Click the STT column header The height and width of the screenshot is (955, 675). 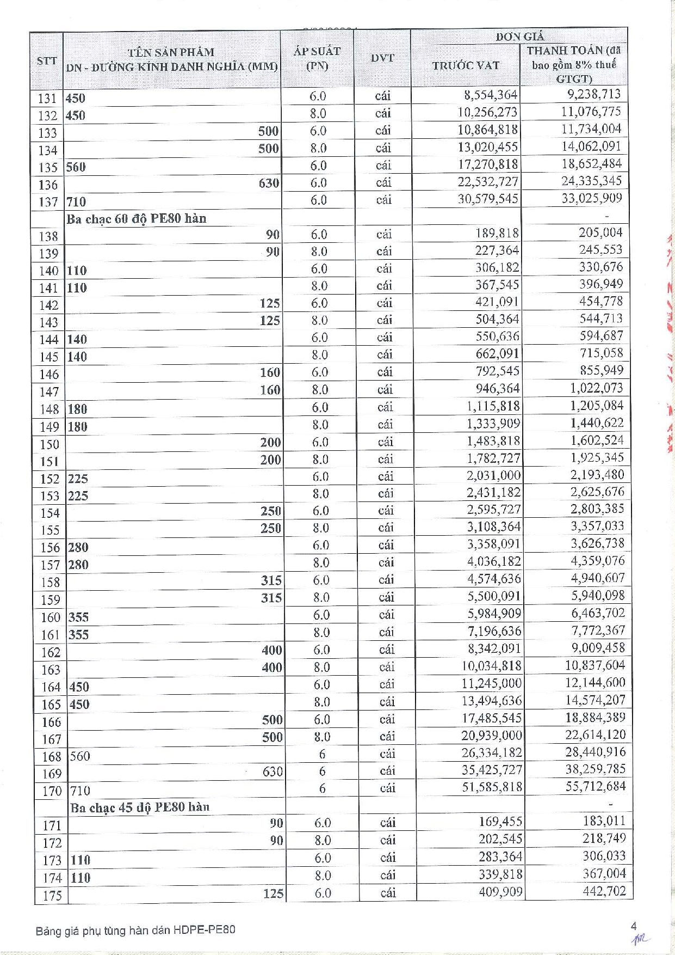tap(47, 60)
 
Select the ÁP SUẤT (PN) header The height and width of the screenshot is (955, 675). tap(317, 58)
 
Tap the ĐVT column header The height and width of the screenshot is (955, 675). tap(382, 58)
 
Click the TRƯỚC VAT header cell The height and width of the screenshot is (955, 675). tap(466, 65)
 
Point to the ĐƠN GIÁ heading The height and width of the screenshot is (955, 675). tap(519, 36)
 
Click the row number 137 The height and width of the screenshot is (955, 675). tap(48, 202)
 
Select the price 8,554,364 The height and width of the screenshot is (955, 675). tap(491, 95)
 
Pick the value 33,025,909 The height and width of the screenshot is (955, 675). tap(592, 198)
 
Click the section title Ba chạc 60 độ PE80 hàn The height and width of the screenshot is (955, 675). tap(137, 219)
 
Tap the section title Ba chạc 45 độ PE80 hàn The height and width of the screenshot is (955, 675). tap(140, 807)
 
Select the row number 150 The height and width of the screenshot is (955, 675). tap(49, 444)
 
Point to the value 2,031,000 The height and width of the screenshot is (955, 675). tap(493, 475)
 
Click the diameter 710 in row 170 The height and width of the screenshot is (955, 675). tap(80, 791)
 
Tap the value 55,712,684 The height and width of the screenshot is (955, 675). tap(596, 786)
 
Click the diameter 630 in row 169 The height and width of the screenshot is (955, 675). tap(273, 772)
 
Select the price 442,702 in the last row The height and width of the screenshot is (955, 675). tap(604, 891)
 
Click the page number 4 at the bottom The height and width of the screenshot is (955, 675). tap(634, 926)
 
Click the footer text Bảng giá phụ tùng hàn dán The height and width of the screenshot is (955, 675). tap(103, 930)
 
